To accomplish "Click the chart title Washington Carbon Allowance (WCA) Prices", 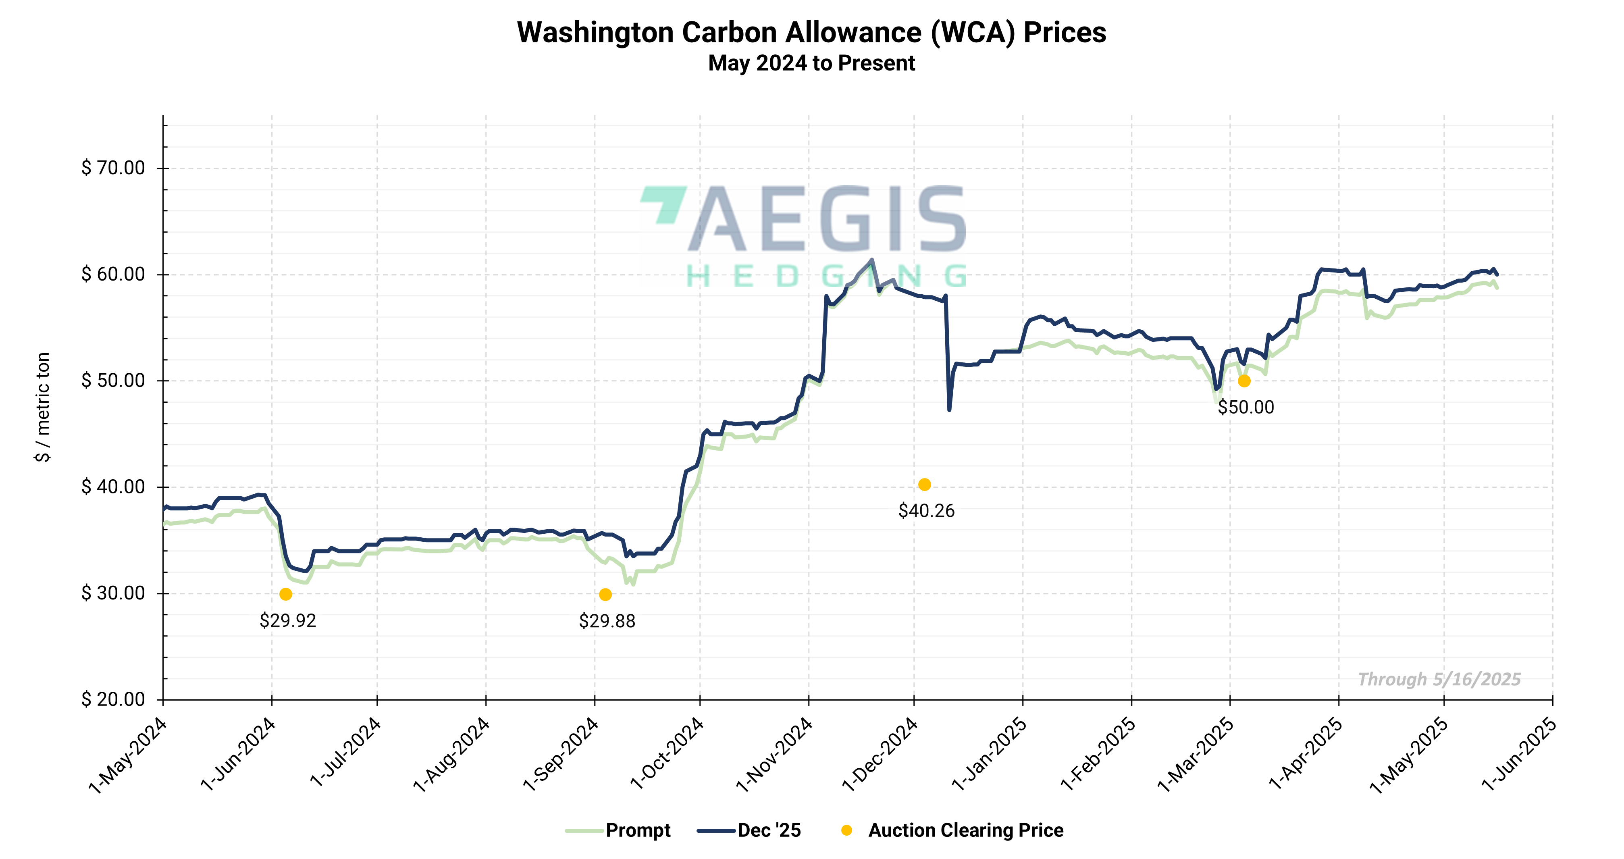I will [x=811, y=33].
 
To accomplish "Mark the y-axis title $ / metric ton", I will [x=42, y=407].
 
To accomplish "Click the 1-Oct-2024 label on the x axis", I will [x=667, y=754].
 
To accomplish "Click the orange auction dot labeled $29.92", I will [x=286, y=594].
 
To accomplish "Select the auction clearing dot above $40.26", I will [x=924, y=485].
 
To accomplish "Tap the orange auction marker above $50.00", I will [x=1244, y=381].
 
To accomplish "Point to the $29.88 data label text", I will [x=607, y=621].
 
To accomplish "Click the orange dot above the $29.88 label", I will [x=605, y=595].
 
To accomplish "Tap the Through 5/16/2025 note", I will [x=1439, y=679].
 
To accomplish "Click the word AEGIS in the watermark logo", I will [x=826, y=219].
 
